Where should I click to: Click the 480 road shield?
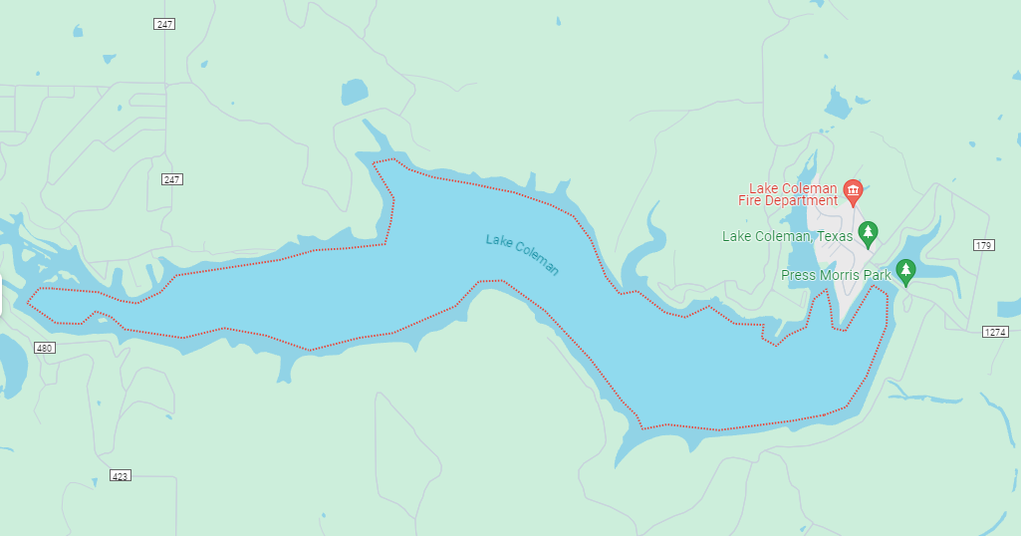point(44,348)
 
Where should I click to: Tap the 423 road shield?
point(120,476)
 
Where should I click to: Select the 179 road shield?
point(983,245)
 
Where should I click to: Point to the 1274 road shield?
point(996,332)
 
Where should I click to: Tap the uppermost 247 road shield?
point(165,23)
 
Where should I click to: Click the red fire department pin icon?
point(852,189)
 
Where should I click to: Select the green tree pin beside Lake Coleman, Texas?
point(868,233)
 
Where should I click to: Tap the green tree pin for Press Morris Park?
point(904,270)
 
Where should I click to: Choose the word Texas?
point(834,236)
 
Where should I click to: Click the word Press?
point(800,275)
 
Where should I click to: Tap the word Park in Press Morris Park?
point(878,275)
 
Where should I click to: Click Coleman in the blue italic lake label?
point(538,261)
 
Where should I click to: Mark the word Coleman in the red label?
point(810,188)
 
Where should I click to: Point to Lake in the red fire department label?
point(765,188)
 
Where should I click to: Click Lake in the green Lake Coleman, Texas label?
point(737,236)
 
